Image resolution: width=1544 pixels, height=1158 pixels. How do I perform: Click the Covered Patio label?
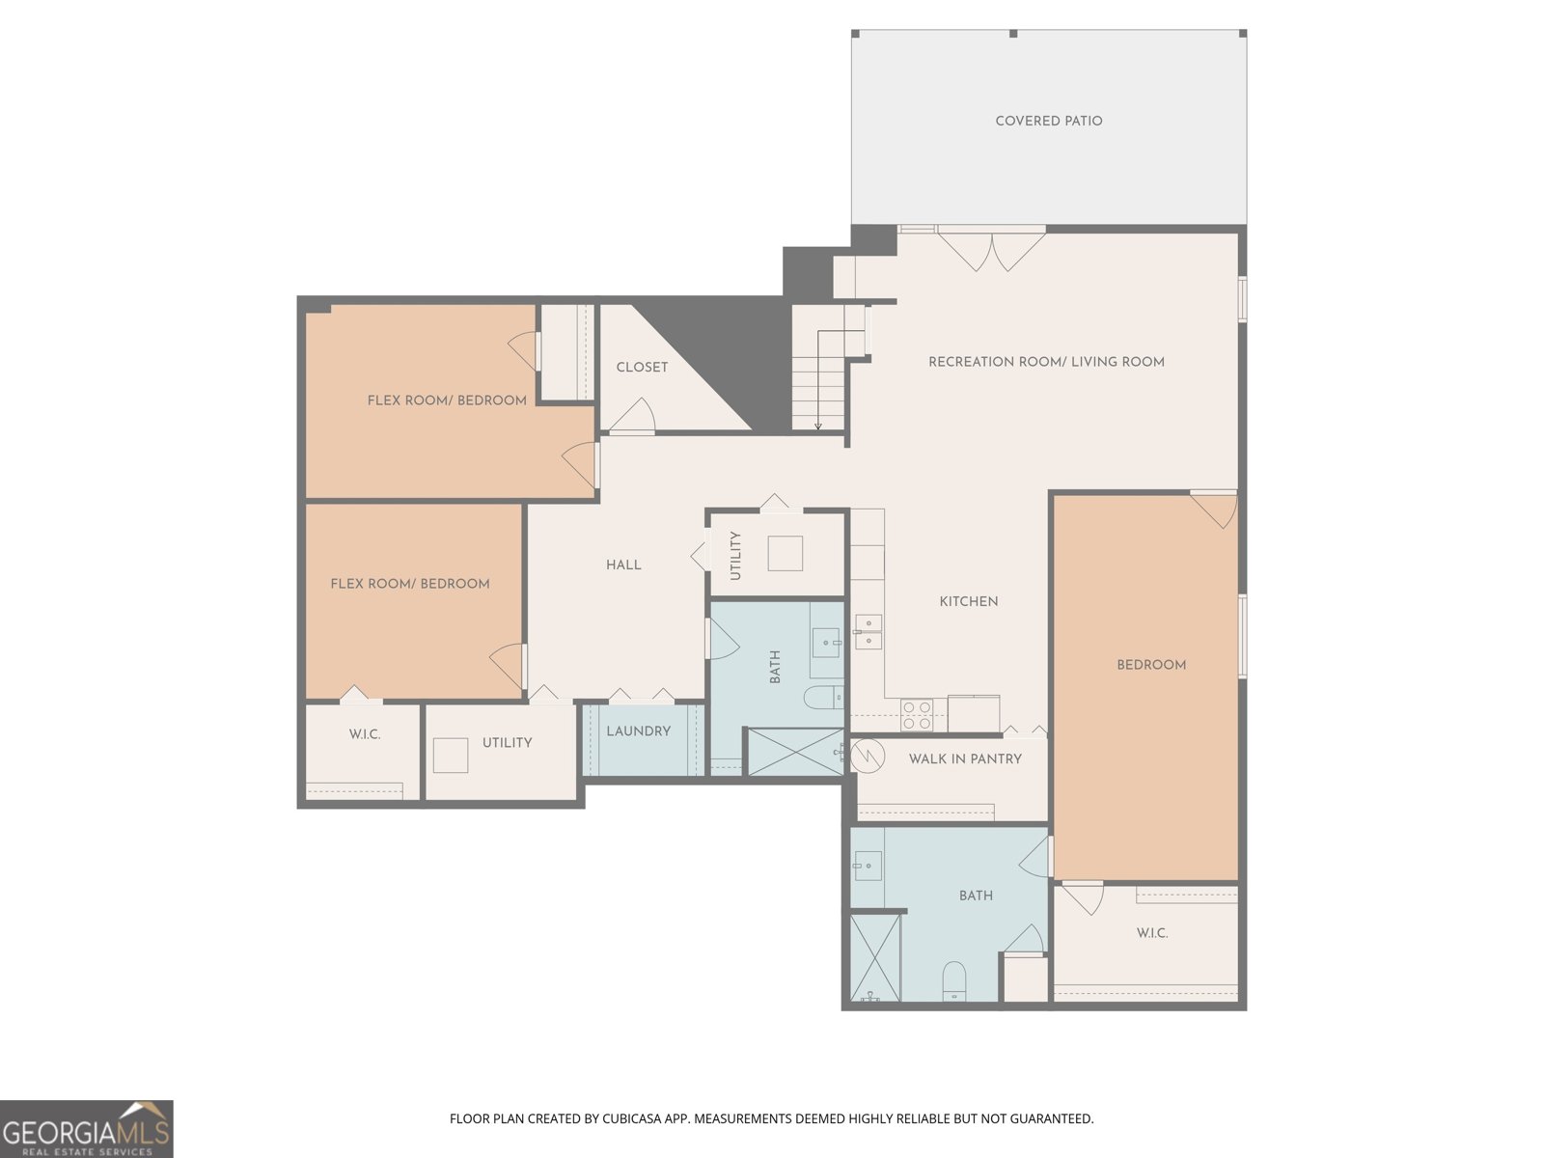click(1048, 121)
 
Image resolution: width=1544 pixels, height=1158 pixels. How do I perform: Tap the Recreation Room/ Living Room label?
click(1046, 362)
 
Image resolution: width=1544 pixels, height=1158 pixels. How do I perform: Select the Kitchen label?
click(969, 601)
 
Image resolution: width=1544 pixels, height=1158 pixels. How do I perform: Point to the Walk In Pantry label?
click(965, 758)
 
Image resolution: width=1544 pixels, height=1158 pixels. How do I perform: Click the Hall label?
click(623, 565)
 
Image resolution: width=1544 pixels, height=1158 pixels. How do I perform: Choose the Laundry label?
click(639, 731)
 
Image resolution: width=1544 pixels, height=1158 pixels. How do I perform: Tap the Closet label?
click(642, 367)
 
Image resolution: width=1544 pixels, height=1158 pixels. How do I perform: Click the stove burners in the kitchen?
click(918, 715)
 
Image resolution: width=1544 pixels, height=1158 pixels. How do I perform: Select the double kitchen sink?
click(868, 631)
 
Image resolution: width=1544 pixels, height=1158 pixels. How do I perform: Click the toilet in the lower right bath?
click(953, 980)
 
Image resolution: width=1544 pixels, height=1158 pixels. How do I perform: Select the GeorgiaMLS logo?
click(87, 1128)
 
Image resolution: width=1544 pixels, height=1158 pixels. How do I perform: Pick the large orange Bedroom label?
click(1151, 665)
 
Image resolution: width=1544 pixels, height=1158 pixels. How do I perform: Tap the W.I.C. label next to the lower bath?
click(1151, 933)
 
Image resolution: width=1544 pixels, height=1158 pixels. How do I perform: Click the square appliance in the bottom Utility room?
click(451, 756)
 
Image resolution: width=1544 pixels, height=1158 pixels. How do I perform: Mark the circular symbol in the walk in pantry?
click(868, 757)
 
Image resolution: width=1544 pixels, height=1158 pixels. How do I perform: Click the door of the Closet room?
click(632, 416)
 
